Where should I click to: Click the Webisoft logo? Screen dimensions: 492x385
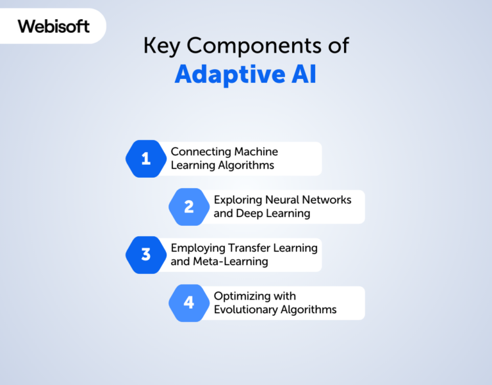pos(54,26)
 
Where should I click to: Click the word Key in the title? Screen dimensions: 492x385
pos(161,46)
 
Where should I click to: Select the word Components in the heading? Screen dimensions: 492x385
pos(254,46)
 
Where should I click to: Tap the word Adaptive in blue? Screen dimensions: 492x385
pos(230,74)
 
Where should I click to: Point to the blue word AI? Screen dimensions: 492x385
pos(304,74)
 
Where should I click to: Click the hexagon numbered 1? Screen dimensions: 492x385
pos(146,158)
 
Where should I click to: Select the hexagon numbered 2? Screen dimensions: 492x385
pos(189,207)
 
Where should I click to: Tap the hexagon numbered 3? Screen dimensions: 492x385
pos(146,255)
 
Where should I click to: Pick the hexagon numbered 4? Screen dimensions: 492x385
pos(189,303)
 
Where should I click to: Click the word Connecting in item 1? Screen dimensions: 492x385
pos(201,152)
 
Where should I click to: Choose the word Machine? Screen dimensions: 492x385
pos(256,151)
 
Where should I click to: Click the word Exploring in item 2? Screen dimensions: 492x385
pos(238,200)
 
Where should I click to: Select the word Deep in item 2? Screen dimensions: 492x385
pos(249,214)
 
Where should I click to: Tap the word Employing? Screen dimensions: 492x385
pos(198,248)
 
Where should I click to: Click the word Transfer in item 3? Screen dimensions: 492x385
pos(249,248)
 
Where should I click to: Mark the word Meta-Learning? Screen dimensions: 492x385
pos(231,262)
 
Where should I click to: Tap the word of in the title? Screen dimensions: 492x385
pos(339,46)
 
